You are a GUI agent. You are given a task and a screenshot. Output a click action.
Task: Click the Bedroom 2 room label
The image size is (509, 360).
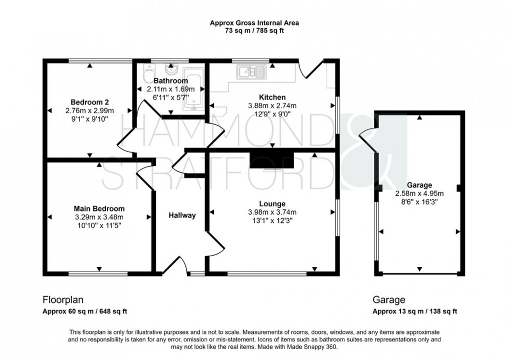point(90,102)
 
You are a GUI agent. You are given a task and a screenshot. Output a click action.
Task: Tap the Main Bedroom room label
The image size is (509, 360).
point(99,208)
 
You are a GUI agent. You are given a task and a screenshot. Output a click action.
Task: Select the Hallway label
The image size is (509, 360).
point(182,216)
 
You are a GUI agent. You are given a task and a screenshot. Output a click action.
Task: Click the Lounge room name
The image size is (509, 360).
point(273,203)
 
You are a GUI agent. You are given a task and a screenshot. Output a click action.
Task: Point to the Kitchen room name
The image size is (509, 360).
point(273,97)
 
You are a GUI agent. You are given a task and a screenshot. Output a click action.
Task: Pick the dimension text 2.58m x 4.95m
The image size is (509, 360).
point(420,193)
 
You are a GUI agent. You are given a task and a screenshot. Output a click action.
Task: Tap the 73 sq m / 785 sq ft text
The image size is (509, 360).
point(254,31)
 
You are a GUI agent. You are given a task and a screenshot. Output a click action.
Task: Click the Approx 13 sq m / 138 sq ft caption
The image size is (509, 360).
point(414,312)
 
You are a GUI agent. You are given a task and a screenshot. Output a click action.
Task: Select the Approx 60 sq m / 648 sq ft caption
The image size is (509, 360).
point(85,312)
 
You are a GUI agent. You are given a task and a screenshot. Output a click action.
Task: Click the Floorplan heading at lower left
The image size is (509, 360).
point(62,300)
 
